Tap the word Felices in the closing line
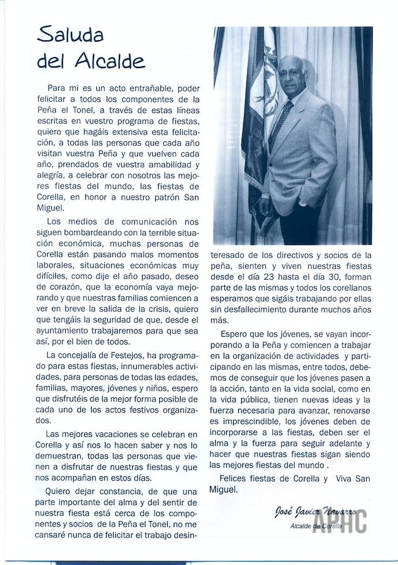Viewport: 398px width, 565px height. pyautogui.click(x=238, y=479)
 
